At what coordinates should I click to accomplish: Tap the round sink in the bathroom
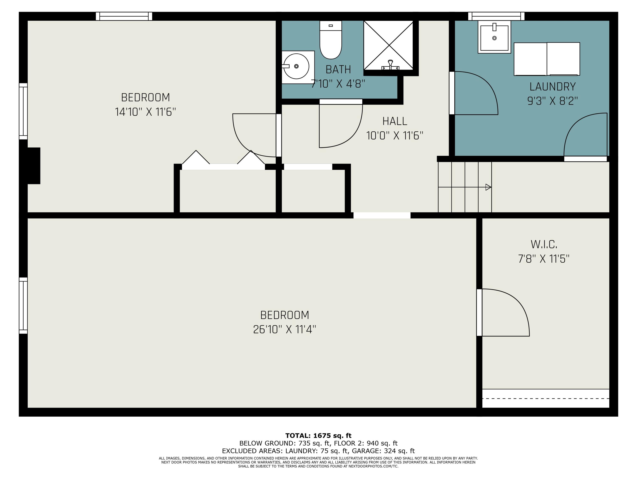[296, 66]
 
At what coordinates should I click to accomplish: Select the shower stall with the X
[389, 45]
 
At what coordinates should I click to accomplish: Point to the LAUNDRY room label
[552, 86]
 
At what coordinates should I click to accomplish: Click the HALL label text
[395, 121]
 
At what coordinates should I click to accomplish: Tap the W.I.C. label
[544, 244]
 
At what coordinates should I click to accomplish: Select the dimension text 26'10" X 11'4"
[285, 329]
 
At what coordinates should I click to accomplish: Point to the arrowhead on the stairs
[488, 187]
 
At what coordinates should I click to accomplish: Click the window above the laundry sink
[496, 16]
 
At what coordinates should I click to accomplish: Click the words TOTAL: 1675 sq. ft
[318, 436]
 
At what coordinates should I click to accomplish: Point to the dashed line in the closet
[545, 399]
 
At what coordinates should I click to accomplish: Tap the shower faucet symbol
[390, 65]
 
